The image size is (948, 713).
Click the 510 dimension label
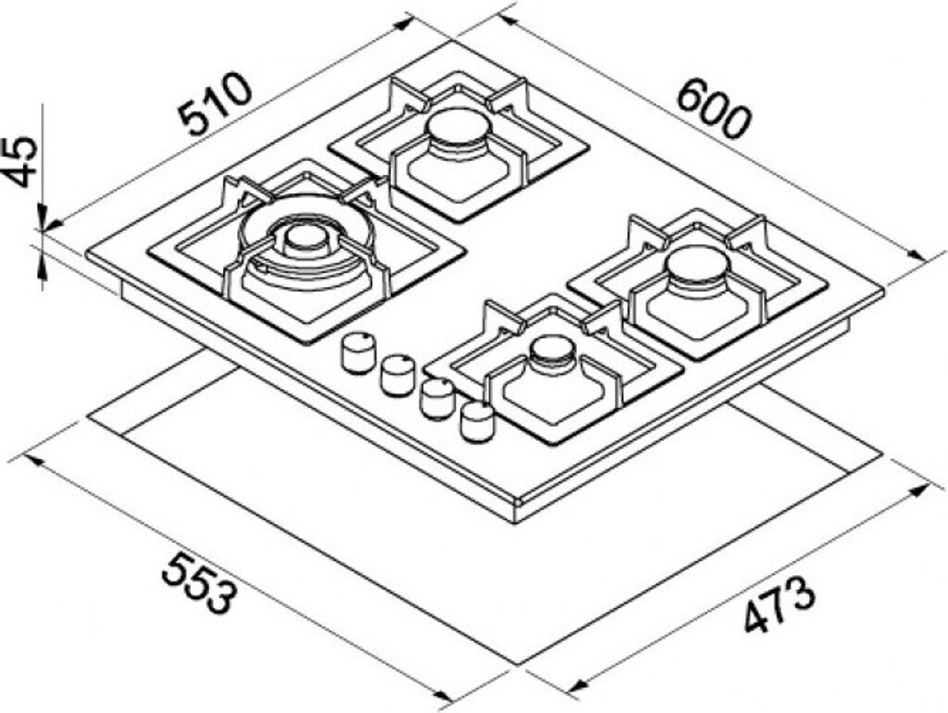(x=215, y=105)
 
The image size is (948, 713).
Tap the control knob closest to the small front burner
(x=478, y=420)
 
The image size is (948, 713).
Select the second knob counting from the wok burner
(x=397, y=373)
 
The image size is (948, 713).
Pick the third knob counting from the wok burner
(x=437, y=397)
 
